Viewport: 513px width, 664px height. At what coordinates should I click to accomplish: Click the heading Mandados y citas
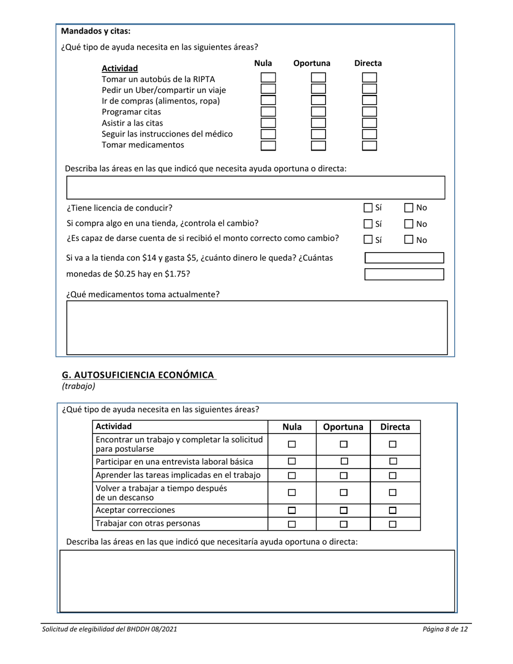[96, 31]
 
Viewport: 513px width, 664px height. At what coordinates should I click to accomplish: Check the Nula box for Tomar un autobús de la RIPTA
[268, 78]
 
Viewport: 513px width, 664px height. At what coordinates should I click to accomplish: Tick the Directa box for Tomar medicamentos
[369, 145]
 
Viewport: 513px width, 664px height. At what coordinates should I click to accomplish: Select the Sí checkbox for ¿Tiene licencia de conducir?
[368, 208]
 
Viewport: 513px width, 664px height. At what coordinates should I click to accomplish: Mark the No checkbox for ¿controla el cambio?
[409, 224]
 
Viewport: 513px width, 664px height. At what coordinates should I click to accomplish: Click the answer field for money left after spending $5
[404, 258]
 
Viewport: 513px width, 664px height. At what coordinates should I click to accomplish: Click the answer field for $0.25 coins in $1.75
[404, 274]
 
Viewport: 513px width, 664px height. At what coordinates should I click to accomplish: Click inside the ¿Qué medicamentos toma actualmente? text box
[256, 327]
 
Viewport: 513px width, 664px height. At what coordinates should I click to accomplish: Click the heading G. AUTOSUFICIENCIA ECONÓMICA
[138, 375]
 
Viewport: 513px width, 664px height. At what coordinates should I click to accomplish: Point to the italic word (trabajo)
[79, 386]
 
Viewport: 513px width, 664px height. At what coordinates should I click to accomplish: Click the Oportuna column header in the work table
[343, 427]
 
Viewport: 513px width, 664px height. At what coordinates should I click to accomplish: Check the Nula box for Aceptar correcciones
[292, 510]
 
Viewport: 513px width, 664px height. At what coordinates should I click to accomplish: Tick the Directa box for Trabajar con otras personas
[393, 524]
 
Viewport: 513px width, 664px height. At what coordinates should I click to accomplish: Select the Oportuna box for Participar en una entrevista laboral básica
[343, 462]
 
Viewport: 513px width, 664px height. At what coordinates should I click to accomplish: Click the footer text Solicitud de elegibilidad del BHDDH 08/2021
[110, 629]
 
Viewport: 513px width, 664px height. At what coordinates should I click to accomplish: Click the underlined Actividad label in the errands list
[119, 69]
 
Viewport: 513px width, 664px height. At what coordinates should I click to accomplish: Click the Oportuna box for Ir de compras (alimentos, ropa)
[319, 100]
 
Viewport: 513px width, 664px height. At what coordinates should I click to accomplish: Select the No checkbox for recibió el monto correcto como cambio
[409, 240]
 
